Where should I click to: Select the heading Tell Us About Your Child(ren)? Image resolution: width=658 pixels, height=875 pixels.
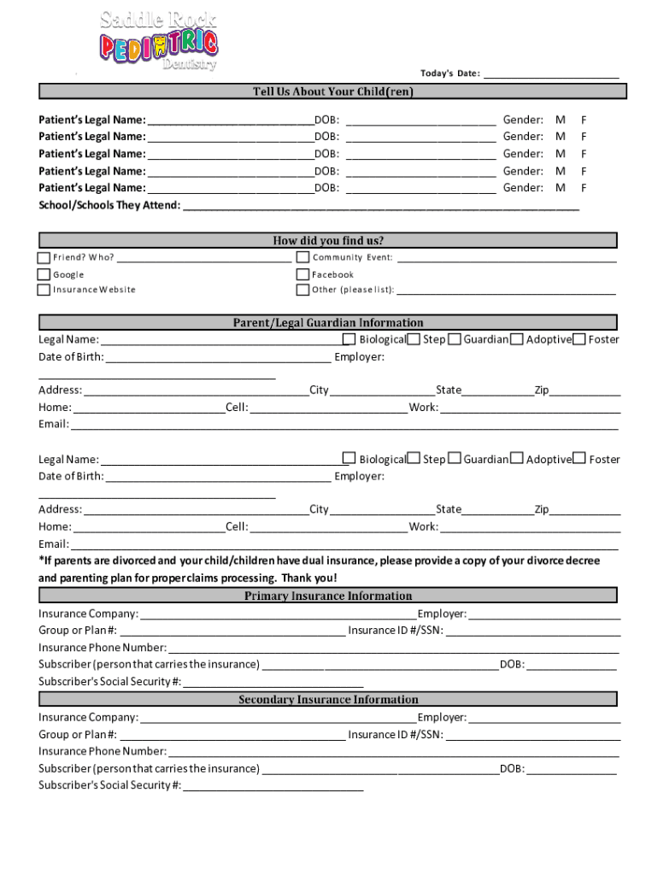[x=332, y=91]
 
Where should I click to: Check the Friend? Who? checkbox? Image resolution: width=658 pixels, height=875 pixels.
[x=44, y=257]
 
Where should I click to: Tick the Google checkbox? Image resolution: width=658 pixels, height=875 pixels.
[x=44, y=274]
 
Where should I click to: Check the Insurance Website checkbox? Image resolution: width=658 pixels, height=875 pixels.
[x=44, y=290]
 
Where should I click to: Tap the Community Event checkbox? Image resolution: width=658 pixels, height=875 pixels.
[x=303, y=257]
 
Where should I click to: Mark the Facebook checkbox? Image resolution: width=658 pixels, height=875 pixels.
[x=303, y=274]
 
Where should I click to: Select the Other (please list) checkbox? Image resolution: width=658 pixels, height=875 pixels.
[x=303, y=290]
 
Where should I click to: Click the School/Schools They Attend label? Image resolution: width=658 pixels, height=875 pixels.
[x=109, y=205]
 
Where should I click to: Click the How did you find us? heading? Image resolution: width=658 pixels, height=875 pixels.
[x=328, y=241]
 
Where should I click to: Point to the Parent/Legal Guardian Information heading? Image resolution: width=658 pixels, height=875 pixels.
[x=328, y=323]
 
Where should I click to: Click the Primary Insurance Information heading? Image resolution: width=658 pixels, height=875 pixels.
[x=328, y=596]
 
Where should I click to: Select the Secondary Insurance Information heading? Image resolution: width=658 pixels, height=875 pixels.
[x=328, y=700]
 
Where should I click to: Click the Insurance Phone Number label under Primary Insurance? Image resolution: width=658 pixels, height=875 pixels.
[x=102, y=648]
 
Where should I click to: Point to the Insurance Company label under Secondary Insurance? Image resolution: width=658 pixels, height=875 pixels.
[x=88, y=718]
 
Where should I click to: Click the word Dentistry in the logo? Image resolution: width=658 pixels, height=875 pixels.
[x=190, y=65]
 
